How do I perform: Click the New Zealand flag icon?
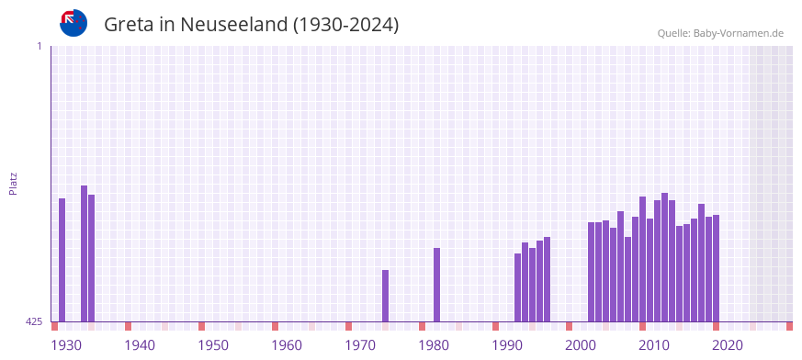point(73,23)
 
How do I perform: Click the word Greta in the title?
point(129,25)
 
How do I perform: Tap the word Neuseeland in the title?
point(233,25)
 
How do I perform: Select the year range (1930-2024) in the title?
point(345,25)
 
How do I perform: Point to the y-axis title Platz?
point(13,183)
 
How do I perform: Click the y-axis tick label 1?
point(39,46)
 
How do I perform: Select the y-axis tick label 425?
point(34,321)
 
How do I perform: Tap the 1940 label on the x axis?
point(140,345)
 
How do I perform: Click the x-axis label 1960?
point(287,345)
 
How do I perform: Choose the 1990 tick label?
point(507,345)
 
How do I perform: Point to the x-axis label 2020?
point(728,345)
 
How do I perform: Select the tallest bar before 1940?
point(84,253)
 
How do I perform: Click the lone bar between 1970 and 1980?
point(385,296)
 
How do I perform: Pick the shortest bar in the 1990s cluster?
point(517,287)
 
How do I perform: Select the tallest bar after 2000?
point(664,257)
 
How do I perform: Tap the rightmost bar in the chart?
point(716,268)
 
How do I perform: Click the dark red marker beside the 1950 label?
point(201,326)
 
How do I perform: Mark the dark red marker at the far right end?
point(789,326)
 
